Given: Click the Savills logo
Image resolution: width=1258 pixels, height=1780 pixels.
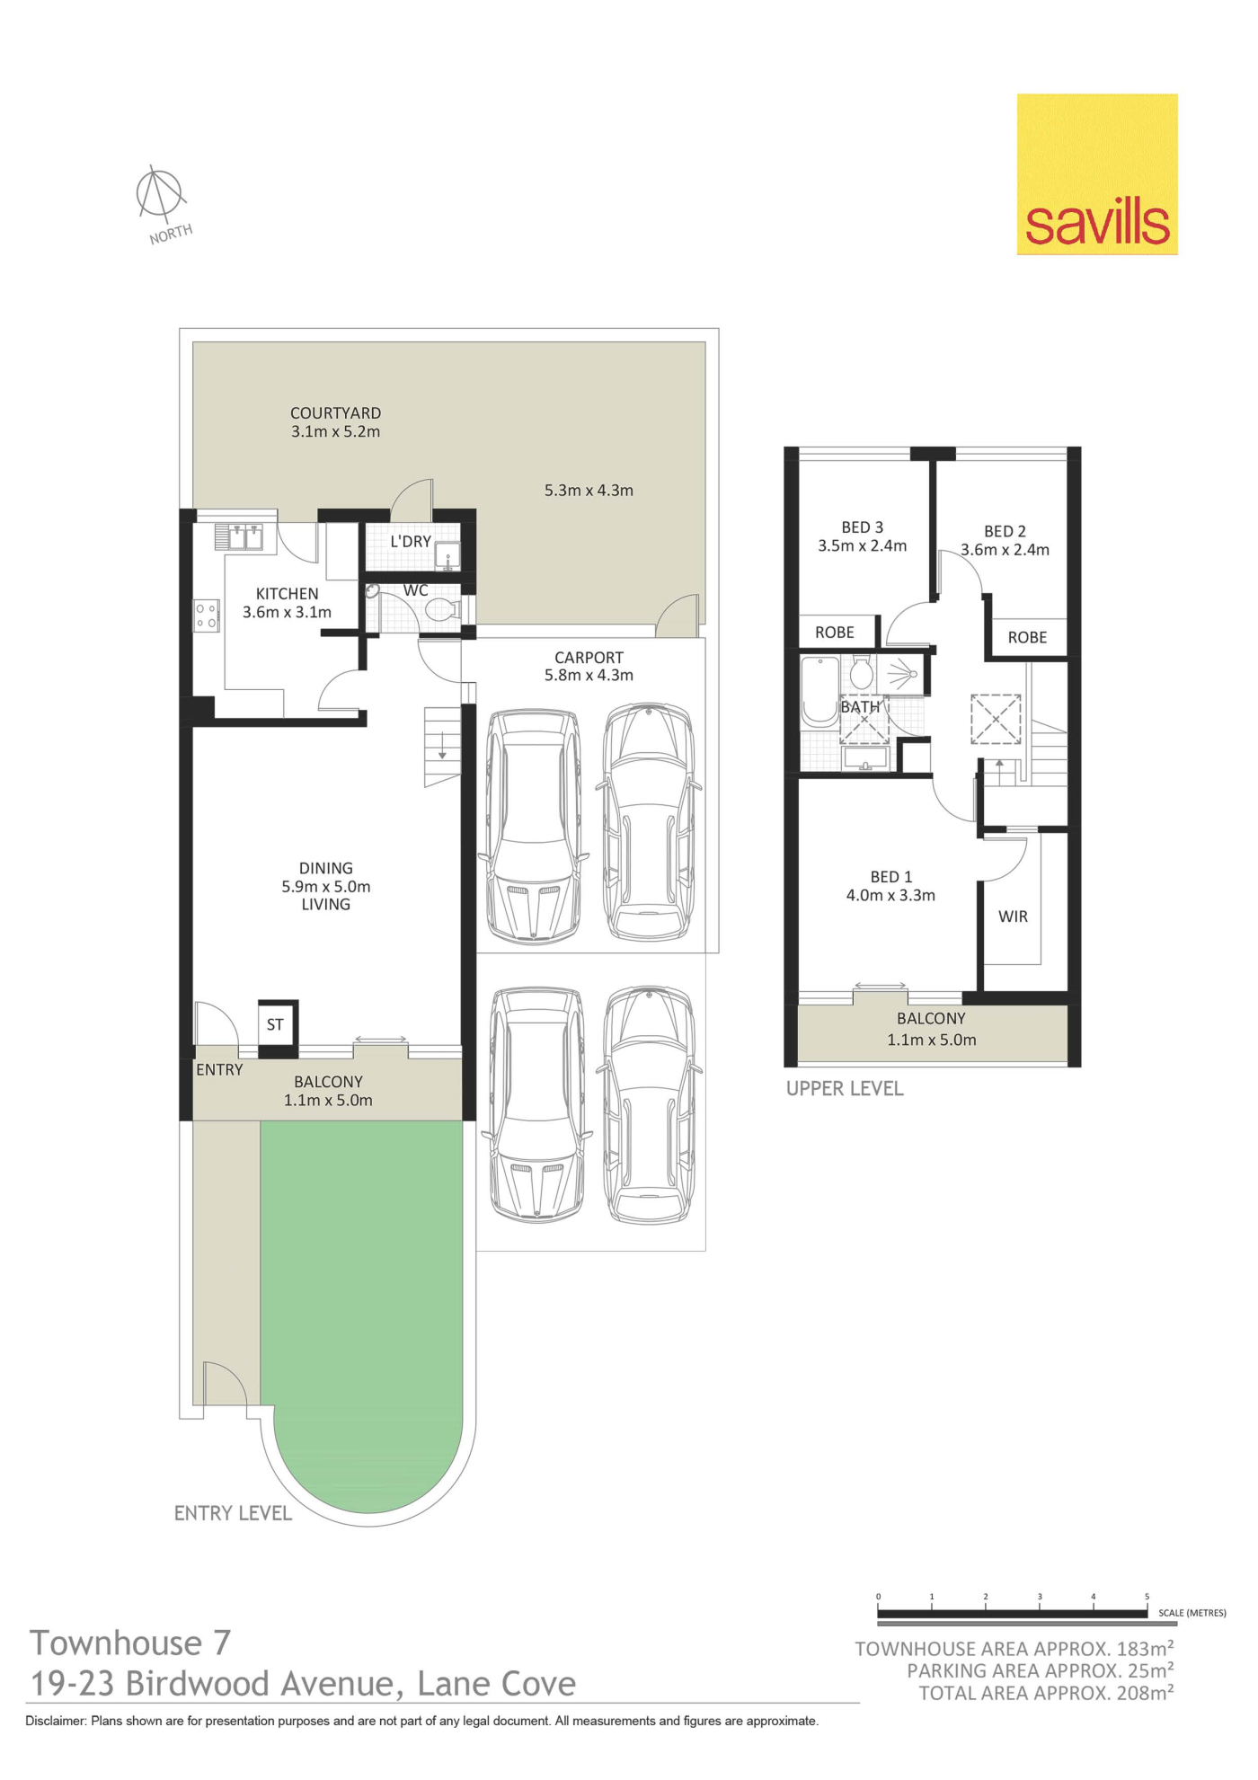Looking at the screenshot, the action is coord(1097,174).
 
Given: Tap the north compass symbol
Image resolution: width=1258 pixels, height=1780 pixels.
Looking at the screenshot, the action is coord(160,193).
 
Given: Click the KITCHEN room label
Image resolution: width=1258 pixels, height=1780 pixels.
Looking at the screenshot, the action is coord(287,594).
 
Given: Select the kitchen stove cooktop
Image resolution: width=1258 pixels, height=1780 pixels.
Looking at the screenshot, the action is coord(207,615).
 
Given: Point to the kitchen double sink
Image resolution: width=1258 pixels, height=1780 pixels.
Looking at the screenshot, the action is coord(238,537).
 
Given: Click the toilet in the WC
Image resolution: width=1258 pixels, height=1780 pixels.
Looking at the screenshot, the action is coord(442,611).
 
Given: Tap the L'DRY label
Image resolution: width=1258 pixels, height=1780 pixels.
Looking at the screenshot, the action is coord(411,542).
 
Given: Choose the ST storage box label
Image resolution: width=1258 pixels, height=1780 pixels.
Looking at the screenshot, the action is coord(275,1024).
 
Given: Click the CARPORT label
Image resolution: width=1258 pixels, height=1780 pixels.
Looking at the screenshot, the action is coord(589,658).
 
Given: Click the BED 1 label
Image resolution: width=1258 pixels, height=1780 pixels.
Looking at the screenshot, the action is coord(890,877).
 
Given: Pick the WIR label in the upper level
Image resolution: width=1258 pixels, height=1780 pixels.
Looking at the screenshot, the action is coord(1013,917).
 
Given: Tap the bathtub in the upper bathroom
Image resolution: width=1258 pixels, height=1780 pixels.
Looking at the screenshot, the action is coord(819,691).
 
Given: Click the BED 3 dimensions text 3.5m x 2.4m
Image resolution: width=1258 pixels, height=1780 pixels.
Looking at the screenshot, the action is coord(862,545).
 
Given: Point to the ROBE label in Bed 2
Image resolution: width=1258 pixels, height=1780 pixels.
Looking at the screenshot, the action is coord(1027,637).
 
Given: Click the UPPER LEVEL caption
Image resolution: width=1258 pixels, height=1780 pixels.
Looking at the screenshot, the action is coord(845,1089).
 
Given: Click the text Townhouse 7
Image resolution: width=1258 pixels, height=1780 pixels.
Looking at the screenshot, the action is coord(131,1643).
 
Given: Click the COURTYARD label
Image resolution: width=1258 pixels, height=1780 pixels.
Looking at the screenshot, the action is coord(335,413).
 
